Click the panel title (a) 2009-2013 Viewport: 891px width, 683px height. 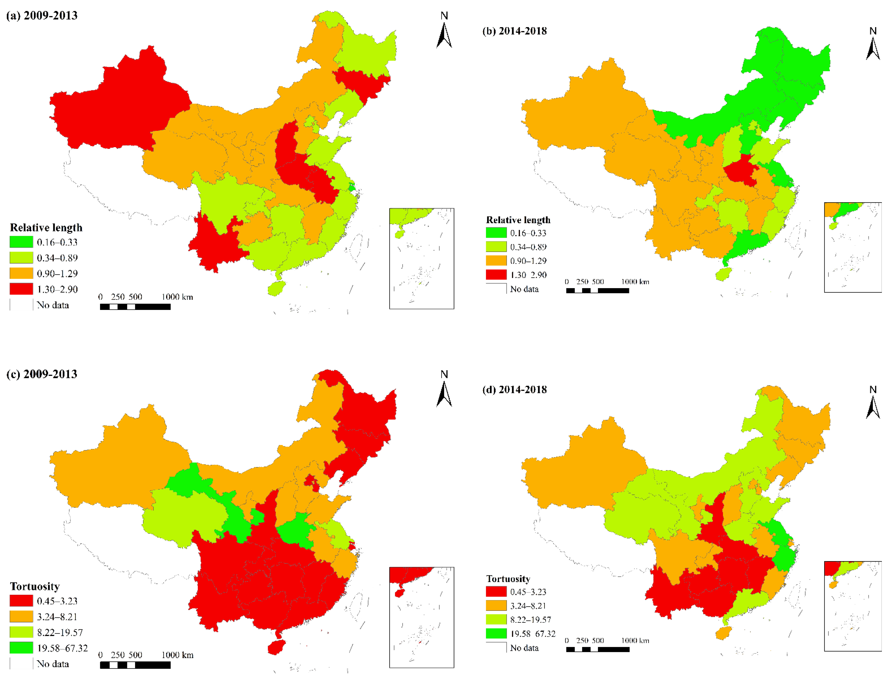pos(42,16)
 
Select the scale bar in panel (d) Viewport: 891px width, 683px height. pos(598,649)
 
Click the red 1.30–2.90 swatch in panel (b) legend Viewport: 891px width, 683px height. pos(496,275)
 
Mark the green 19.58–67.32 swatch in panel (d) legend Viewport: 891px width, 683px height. pos(496,633)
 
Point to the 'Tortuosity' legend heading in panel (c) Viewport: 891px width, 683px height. pos(35,586)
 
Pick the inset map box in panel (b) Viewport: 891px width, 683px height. pos(852,247)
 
